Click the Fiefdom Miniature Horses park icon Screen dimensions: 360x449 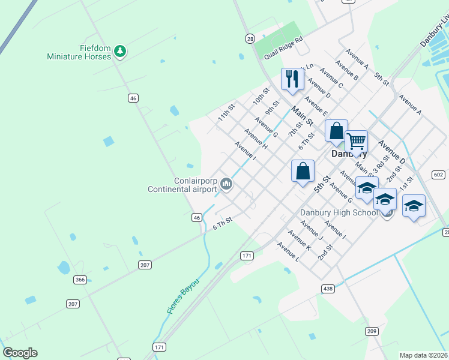[120, 52]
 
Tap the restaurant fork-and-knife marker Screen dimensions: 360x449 [292, 79]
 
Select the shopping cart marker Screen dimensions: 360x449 [356, 142]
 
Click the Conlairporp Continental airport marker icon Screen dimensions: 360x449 [226, 184]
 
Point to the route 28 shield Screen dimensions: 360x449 [250, 38]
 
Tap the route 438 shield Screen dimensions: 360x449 [328, 289]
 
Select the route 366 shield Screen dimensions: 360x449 [80, 280]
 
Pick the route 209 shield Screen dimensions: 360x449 [372, 331]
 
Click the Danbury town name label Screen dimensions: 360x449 [349, 154]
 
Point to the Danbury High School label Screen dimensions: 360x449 [339, 213]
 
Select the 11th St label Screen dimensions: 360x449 [226, 112]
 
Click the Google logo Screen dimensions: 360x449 [20, 353]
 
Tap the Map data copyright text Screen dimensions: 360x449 [423, 355]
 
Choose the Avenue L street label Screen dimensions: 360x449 [288, 252]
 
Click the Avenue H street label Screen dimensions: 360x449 [256, 139]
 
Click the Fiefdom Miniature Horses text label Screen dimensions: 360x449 [79, 52]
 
